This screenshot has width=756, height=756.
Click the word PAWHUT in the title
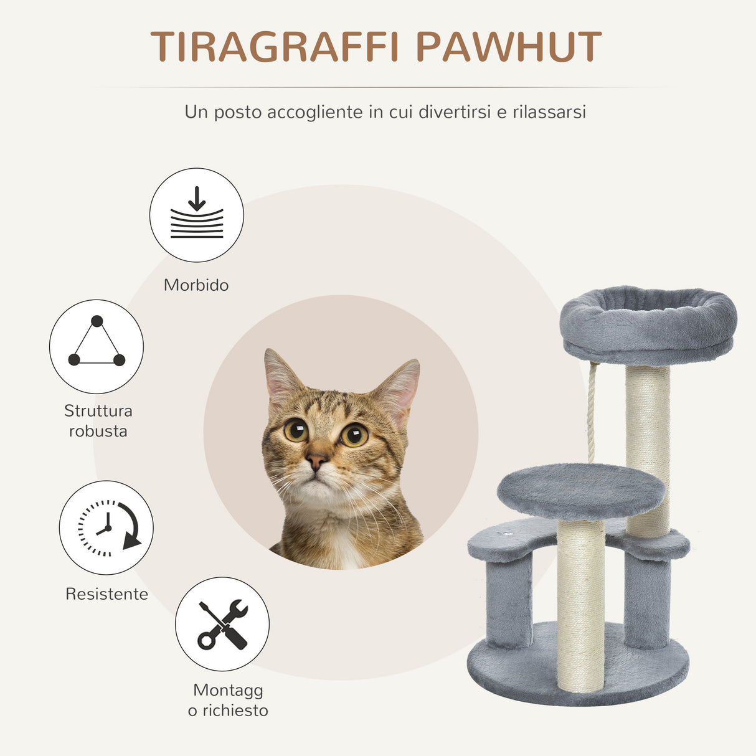(508, 47)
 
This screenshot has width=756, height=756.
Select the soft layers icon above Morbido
(197, 215)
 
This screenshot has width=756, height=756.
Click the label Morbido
(196, 285)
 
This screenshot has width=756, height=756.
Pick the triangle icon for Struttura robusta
(97, 346)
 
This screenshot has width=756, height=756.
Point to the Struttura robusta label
(98, 421)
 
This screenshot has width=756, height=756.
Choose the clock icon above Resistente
(106, 527)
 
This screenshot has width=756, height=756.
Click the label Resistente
(106, 594)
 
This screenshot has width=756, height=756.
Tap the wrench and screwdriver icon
(222, 624)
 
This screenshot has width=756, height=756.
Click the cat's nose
(316, 461)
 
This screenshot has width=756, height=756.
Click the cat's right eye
(354, 435)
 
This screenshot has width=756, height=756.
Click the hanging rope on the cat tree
(592, 411)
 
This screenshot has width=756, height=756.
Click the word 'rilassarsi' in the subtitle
(549, 112)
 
